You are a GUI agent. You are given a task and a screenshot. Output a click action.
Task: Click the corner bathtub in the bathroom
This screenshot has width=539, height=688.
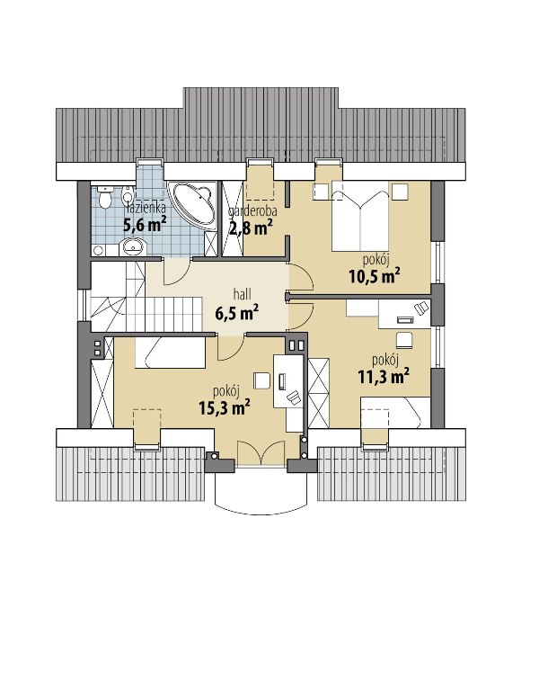(x=193, y=205)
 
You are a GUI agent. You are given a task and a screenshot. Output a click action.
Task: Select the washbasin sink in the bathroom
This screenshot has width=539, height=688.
(x=132, y=246)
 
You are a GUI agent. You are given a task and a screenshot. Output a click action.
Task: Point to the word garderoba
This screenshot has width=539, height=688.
(x=252, y=211)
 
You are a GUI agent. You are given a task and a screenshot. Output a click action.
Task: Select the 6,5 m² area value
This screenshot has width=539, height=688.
(x=236, y=313)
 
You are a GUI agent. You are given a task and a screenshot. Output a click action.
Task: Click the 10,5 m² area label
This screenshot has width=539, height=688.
(x=374, y=275)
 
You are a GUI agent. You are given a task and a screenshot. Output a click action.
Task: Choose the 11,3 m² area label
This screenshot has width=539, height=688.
(x=384, y=377)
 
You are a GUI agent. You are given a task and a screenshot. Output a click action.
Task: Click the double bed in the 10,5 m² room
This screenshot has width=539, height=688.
(x=359, y=216)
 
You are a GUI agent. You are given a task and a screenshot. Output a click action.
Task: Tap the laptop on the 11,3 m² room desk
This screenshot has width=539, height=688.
(x=405, y=320)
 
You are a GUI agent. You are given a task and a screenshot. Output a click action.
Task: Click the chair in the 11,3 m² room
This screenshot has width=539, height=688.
(x=405, y=340)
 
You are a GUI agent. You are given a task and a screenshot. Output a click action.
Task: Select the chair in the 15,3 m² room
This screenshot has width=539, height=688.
(x=261, y=380)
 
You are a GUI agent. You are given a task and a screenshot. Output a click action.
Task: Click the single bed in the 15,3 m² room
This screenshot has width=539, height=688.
(x=170, y=353)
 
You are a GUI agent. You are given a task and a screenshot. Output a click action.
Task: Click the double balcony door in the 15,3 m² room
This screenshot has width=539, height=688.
(x=261, y=452)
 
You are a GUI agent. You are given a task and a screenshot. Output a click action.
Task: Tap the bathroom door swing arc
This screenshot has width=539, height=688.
(x=178, y=272)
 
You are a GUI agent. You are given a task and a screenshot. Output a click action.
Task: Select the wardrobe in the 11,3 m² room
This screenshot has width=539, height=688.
(x=319, y=394)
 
